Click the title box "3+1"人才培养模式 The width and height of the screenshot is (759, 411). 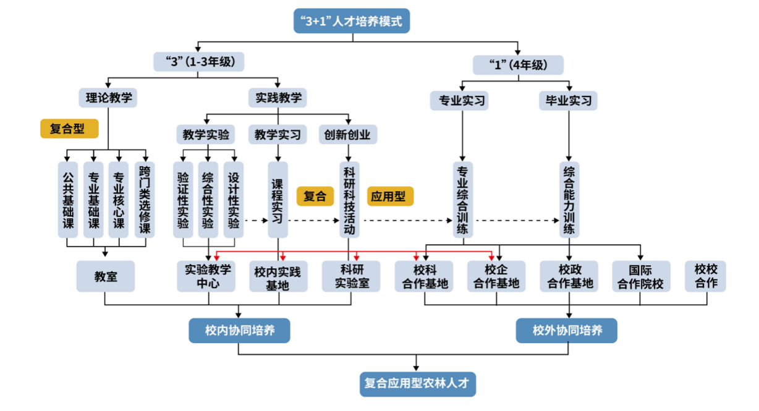[x=351, y=22]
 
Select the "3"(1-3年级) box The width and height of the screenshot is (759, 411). [x=198, y=62]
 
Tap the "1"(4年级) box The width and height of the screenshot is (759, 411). [x=518, y=65]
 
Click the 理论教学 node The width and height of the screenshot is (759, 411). [x=108, y=97]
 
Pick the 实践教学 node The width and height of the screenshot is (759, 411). [x=278, y=97]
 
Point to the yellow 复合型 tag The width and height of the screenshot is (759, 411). [x=70, y=129]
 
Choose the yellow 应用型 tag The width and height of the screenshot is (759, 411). [x=390, y=197]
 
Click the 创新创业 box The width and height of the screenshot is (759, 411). [x=349, y=134]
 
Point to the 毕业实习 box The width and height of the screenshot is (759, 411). [x=568, y=100]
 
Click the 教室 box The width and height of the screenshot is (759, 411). [x=106, y=276]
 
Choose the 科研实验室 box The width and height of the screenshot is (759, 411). [x=350, y=276]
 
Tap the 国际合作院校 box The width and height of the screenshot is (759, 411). [x=641, y=276]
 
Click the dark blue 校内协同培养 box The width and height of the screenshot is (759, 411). [x=239, y=331]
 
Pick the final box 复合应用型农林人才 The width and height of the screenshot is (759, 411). [x=418, y=384]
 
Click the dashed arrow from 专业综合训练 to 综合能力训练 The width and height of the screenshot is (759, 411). [x=517, y=220]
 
